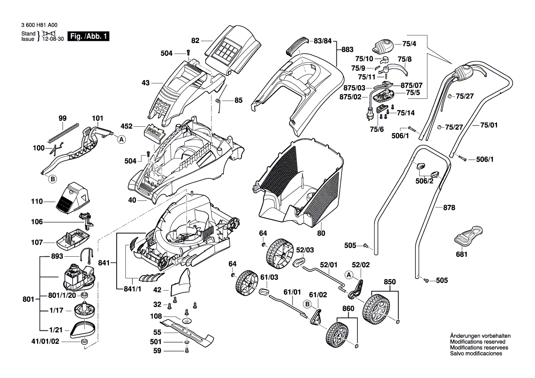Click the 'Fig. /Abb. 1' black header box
[x=88, y=36]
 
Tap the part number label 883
[x=347, y=49]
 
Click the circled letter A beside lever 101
[x=122, y=140]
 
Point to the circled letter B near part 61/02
[x=307, y=304]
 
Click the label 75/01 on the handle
[x=489, y=125]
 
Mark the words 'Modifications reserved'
[x=478, y=342]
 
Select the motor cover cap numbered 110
[x=73, y=198]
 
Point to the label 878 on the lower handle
[x=449, y=208]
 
